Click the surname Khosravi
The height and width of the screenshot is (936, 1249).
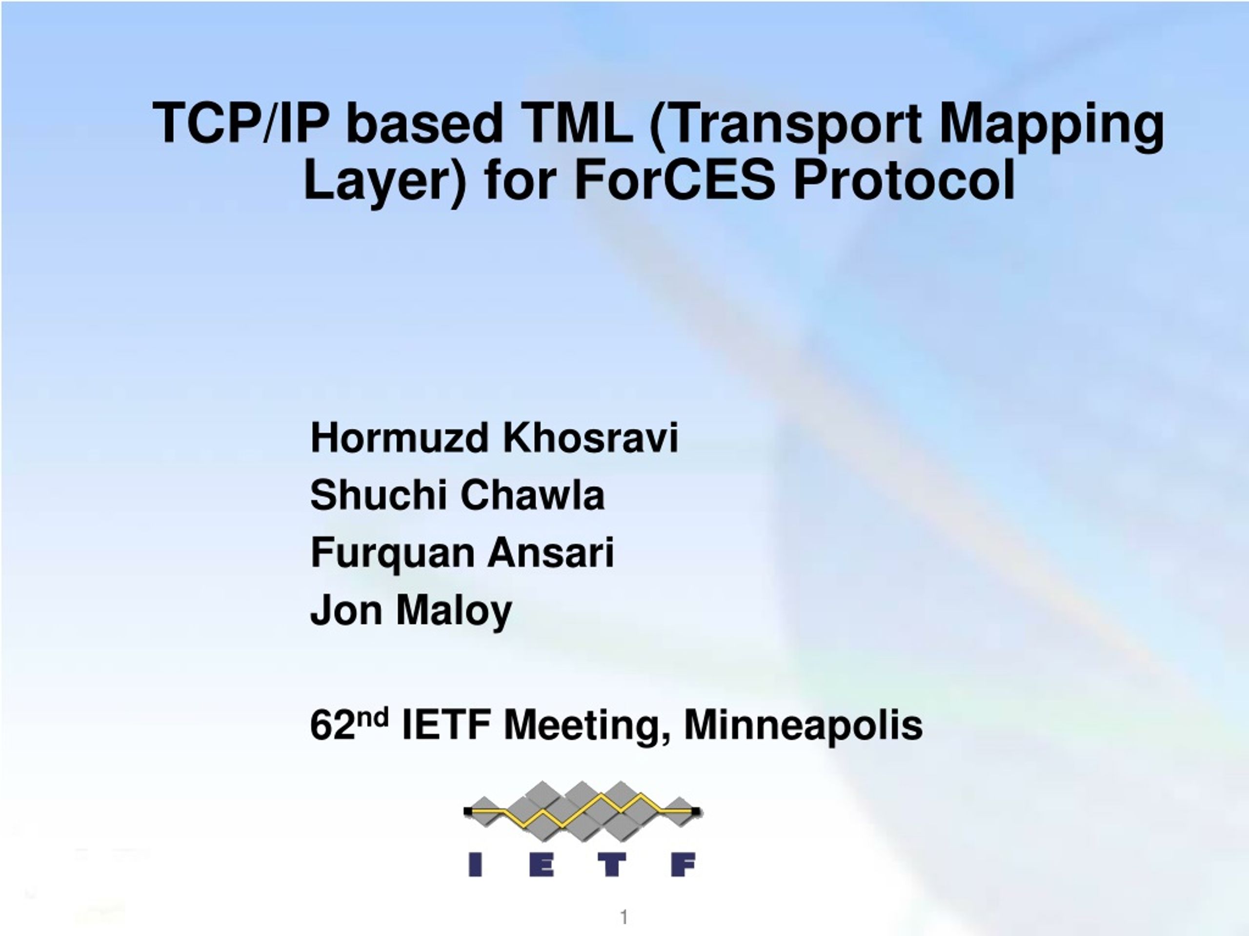point(590,437)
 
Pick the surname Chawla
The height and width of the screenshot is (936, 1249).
point(532,495)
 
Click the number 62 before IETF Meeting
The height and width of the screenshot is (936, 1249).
point(333,725)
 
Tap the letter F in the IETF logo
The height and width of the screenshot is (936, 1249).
point(683,864)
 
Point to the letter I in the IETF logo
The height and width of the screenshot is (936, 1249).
point(475,864)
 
